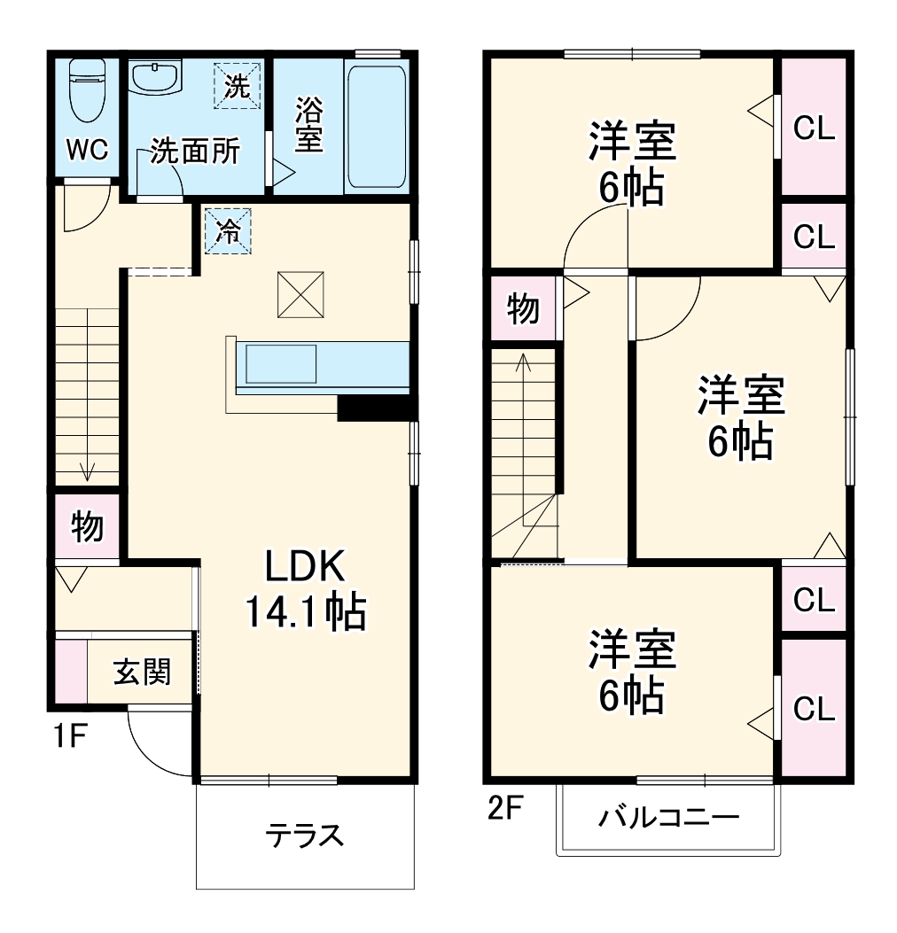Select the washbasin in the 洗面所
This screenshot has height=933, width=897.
[156, 77]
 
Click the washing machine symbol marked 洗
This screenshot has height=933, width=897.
[237, 85]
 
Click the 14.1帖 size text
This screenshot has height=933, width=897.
[305, 610]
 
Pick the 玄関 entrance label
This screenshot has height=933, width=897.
[141, 673]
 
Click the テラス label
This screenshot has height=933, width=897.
[304, 835]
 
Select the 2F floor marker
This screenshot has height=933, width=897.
[506, 808]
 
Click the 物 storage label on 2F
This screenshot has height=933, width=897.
[523, 308]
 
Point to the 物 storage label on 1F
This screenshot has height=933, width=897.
[87, 526]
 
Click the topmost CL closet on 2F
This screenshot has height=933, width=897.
[814, 129]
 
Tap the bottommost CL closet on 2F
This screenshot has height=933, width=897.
[814, 708]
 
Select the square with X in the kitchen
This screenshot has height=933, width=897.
[299, 295]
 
